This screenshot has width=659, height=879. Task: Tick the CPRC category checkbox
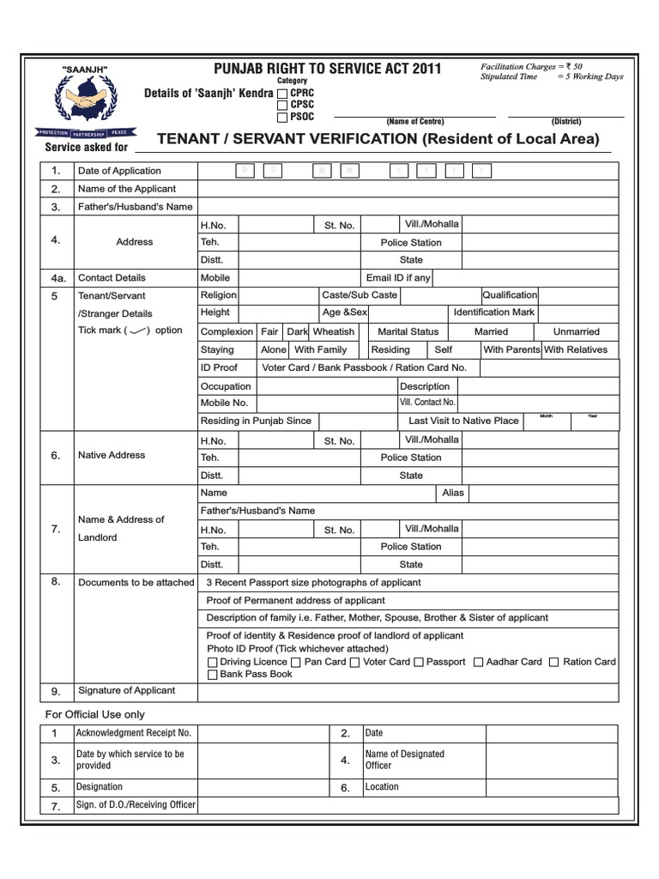(x=282, y=93)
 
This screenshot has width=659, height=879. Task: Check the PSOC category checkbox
(x=282, y=117)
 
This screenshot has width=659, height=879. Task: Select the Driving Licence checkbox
(x=212, y=663)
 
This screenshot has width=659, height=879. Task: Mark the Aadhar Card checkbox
(x=478, y=663)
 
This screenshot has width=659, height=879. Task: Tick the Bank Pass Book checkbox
(x=212, y=675)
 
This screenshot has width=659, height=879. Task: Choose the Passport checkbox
(x=419, y=663)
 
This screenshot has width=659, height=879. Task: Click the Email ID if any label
(x=398, y=278)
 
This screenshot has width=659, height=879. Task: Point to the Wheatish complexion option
(x=333, y=331)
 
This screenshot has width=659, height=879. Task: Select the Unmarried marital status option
(x=577, y=331)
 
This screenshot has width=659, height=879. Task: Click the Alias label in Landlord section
(x=452, y=494)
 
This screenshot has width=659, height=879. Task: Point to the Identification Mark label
(x=493, y=312)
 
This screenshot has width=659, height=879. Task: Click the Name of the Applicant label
(x=126, y=189)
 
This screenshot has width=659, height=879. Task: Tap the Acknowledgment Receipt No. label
(x=133, y=733)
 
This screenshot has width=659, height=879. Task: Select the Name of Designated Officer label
(x=404, y=760)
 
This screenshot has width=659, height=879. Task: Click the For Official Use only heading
(x=94, y=714)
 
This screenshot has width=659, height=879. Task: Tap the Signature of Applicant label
(x=126, y=690)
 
